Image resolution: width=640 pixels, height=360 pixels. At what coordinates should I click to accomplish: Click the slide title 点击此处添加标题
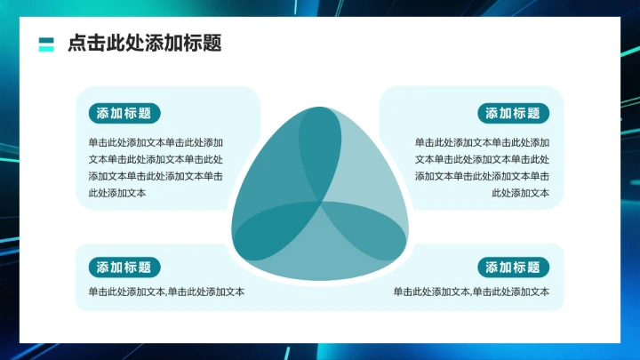[144, 44]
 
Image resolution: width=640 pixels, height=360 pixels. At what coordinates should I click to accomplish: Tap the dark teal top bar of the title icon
[47, 40]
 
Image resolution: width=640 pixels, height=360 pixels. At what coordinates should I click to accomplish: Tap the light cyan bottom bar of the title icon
[47, 49]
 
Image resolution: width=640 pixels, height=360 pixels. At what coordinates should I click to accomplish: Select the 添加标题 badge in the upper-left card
[124, 113]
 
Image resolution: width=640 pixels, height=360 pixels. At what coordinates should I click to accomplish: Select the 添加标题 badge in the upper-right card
[514, 113]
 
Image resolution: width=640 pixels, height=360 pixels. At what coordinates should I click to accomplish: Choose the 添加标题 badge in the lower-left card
[124, 268]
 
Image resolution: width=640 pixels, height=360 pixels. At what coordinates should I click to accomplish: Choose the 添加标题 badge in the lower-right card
[514, 268]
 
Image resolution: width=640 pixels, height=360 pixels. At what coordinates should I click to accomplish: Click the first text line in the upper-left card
[156, 142]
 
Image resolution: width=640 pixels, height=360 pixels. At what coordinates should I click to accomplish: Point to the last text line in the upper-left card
[117, 193]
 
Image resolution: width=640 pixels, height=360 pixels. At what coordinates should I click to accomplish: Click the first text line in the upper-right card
[482, 142]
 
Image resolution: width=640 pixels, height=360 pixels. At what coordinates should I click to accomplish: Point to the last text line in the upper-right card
[520, 193]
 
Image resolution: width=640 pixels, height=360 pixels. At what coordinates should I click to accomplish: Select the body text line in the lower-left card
[166, 292]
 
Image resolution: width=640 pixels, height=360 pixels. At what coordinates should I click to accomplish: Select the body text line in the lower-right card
[471, 292]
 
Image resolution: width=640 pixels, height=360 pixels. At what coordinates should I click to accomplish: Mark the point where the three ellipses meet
[320, 206]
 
